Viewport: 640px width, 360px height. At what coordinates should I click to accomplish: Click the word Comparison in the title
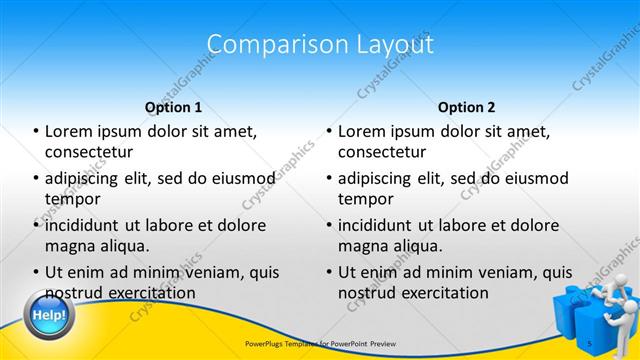(266, 44)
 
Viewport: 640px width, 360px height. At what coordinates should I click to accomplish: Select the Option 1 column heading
(173, 107)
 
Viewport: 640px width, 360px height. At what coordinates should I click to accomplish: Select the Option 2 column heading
(466, 107)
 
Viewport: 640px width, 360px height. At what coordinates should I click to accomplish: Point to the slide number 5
(589, 343)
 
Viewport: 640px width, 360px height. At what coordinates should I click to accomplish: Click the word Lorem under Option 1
(69, 130)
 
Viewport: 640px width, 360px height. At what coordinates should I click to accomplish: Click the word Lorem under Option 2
(362, 130)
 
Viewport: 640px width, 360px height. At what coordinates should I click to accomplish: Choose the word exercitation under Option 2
(445, 293)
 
